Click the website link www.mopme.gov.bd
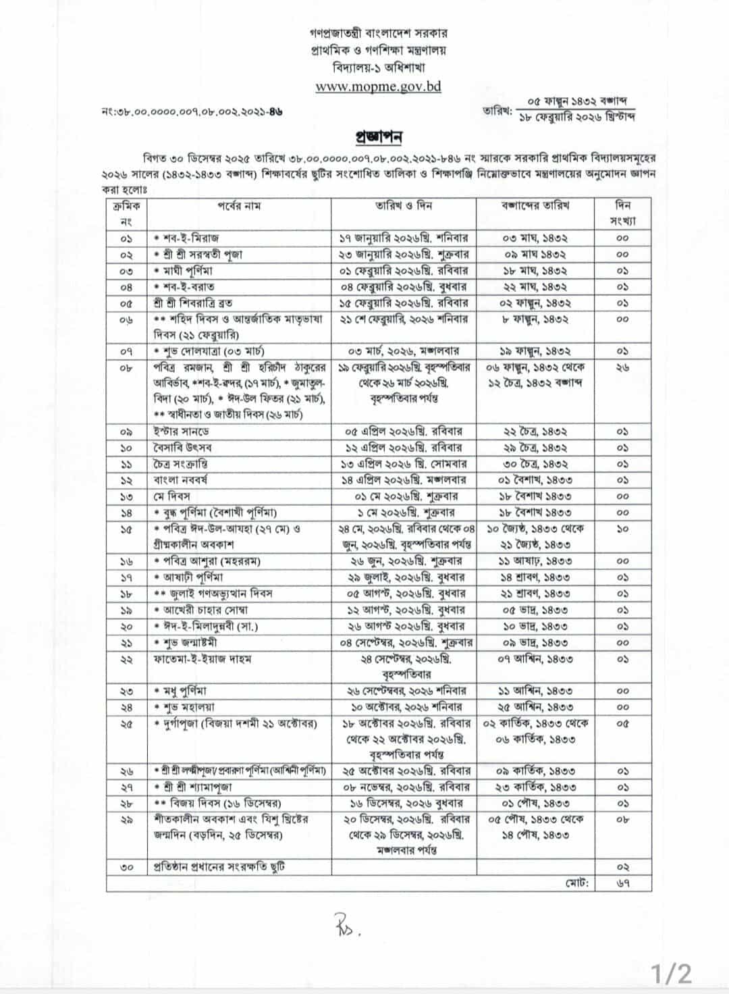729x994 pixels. [378, 86]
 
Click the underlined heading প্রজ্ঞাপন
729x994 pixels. [378, 137]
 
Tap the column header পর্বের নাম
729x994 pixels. [238, 205]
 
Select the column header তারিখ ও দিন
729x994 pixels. [404, 205]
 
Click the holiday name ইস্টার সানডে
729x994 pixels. [181, 431]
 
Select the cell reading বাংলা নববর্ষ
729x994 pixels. [181, 480]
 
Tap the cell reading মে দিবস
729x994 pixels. [171, 496]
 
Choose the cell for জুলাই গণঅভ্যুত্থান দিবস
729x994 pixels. [213, 594]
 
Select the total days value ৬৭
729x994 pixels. [622, 883]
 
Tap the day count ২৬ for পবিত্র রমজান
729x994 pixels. [622, 368]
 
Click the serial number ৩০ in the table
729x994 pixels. [127, 867]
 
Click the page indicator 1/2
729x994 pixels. [671, 974]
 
